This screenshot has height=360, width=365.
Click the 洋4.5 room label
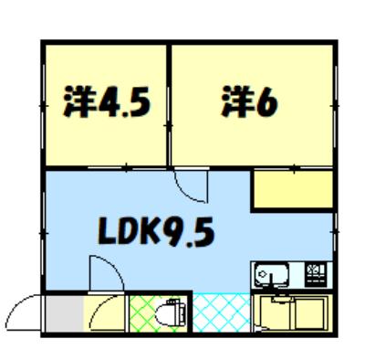tap(107, 102)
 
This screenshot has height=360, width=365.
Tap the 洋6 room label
tap(249, 101)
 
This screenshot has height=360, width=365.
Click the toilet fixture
tap(170, 314)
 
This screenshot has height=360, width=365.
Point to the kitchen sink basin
tap(271, 274)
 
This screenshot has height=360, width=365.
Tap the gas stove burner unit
tap(316, 274)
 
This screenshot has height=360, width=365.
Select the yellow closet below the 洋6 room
tap(293, 190)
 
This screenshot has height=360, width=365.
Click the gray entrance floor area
tap(64, 313)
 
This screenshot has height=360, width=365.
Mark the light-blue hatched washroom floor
tap(222, 312)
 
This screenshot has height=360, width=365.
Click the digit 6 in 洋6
tap(267, 102)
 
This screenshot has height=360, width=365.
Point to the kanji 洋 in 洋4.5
tap(79, 102)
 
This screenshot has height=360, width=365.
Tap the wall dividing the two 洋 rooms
tap(169, 105)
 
